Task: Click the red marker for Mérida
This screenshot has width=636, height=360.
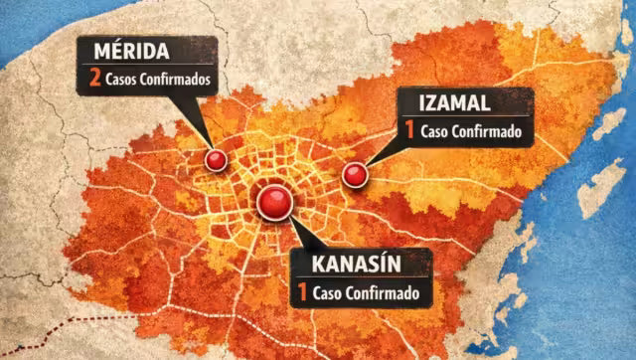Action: point(215,160)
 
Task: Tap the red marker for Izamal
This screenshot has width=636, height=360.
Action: point(354,175)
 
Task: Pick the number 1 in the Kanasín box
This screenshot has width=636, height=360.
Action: point(300,293)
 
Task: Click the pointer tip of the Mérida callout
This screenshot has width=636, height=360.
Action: point(212,151)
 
